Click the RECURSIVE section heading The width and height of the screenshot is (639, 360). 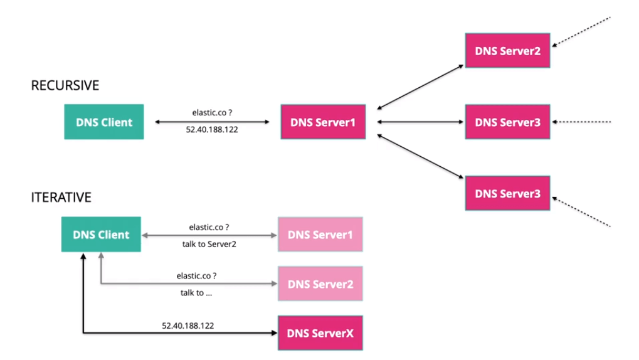pos(65,85)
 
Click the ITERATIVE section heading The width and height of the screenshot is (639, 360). pos(61,198)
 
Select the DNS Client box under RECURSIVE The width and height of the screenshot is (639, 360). pos(104,122)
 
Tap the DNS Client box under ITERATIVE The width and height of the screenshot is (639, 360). pos(101,235)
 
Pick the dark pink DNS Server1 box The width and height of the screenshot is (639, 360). pos(323,122)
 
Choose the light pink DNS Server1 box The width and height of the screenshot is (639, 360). pos(320,235)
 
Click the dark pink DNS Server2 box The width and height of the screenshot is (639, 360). pos(507,50)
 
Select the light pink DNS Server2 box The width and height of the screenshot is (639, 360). pos(320,284)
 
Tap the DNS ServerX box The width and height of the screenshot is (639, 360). pos(320,332)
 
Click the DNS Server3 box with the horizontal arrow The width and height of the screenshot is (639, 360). pos(507,122)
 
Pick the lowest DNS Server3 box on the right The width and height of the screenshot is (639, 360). pos(507,193)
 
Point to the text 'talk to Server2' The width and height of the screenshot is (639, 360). pos(209,244)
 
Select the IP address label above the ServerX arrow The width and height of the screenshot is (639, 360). pos(188,326)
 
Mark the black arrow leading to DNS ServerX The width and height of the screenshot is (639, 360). pos(188,333)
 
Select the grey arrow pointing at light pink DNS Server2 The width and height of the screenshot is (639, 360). pos(188,284)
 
